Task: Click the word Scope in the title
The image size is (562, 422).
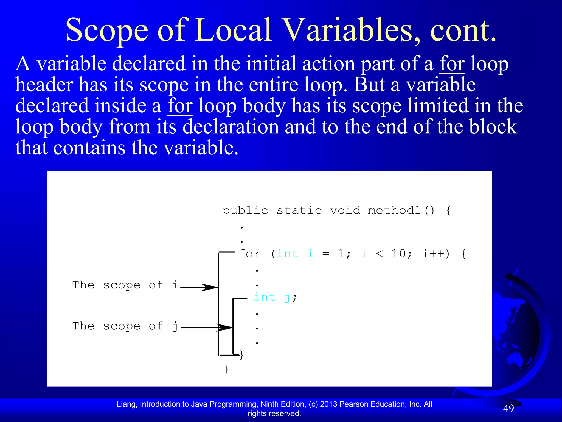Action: (107, 30)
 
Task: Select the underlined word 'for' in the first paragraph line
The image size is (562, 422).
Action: (452, 64)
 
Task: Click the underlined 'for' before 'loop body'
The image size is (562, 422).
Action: (180, 106)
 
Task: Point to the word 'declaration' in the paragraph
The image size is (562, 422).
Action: (231, 127)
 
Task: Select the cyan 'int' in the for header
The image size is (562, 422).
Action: (287, 254)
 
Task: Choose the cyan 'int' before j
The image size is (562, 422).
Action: (264, 297)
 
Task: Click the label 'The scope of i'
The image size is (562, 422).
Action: (125, 285)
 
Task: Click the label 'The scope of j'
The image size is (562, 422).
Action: (125, 326)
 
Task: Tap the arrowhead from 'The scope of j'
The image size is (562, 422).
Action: (226, 327)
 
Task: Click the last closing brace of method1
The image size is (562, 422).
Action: (226, 369)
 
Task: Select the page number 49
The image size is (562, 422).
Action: (508, 409)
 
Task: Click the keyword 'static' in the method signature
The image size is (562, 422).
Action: (299, 211)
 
